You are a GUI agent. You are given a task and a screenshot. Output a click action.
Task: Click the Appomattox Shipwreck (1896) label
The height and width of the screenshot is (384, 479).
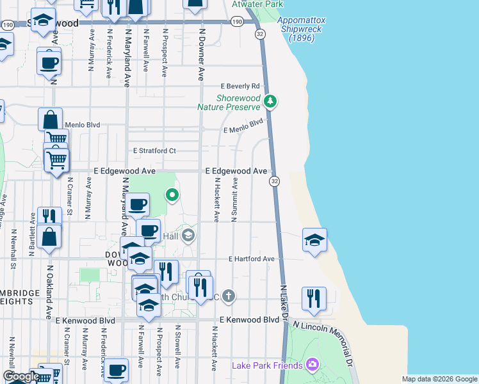coord(302,29)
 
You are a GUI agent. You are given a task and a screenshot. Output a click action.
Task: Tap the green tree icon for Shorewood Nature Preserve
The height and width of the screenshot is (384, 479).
coord(271,101)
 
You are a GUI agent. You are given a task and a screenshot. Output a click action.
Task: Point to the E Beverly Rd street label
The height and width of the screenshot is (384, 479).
coord(240,86)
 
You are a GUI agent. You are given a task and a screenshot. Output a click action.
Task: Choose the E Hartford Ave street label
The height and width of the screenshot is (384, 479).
coord(252,259)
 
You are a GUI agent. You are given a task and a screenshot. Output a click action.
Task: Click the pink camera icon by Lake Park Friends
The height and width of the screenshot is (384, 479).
coord(312,365)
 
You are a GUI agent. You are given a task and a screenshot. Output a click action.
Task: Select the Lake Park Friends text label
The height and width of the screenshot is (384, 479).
coord(267,365)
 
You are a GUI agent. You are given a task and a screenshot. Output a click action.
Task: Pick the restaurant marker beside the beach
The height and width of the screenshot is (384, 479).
coord(314,298)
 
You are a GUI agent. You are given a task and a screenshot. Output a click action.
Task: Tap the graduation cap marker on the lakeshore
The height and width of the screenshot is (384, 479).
coord(314,240)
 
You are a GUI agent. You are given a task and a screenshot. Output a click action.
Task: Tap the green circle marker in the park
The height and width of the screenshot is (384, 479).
coord(172,195)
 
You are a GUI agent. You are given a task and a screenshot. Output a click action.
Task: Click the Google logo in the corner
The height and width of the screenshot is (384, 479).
coord(20,377)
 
